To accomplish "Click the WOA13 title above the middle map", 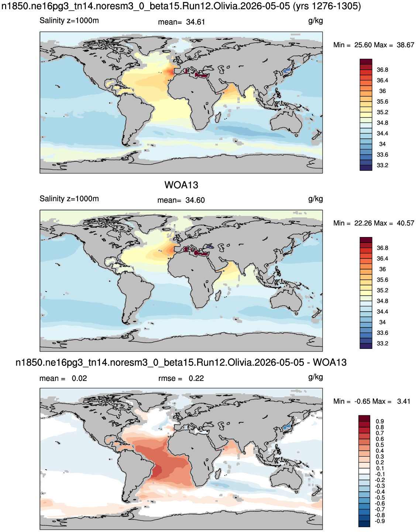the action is pyautogui.click(x=181, y=185).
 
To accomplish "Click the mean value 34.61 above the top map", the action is pyautogui.click(x=195, y=22).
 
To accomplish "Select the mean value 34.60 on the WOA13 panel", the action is pyautogui.click(x=195, y=200).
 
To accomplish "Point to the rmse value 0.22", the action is pyautogui.click(x=196, y=378).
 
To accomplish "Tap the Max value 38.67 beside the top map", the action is pyautogui.click(x=405, y=45).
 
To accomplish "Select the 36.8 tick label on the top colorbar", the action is pyautogui.click(x=382, y=70).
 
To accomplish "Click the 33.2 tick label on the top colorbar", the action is pyautogui.click(x=382, y=165).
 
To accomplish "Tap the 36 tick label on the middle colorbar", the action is pyautogui.click(x=382, y=269).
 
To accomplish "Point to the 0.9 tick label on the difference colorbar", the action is pyautogui.click(x=380, y=422).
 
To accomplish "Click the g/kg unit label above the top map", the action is pyautogui.click(x=316, y=21).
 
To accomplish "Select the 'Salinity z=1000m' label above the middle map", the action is pyautogui.click(x=69, y=199).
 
